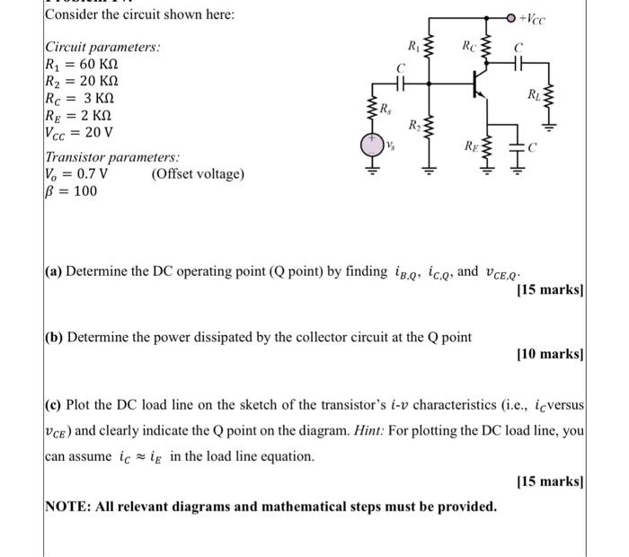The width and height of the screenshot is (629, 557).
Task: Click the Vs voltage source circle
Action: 370,144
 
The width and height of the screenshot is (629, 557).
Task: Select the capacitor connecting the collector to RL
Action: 518,65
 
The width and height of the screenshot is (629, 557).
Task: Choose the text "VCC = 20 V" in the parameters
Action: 79,133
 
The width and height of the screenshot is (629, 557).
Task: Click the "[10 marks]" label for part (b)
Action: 551,355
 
